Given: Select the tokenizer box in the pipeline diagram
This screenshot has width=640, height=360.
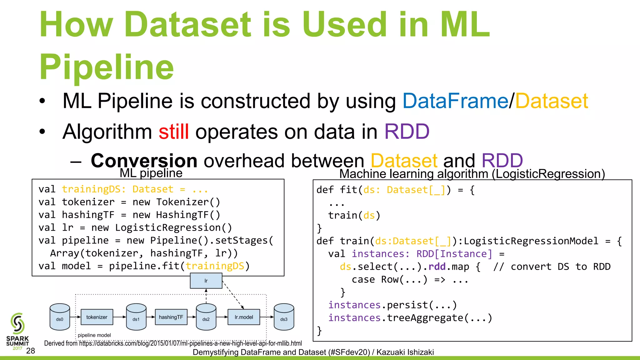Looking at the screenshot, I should (x=97, y=317).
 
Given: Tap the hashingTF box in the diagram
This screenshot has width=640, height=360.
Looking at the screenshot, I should (x=171, y=317).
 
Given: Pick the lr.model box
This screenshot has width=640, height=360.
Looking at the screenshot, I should (x=244, y=317).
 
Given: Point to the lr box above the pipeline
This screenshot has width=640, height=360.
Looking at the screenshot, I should (x=206, y=281).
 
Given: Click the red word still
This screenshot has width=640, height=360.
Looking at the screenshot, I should (x=173, y=132).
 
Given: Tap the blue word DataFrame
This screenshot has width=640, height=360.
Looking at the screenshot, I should (x=455, y=101).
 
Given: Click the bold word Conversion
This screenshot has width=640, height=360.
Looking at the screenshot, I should (x=144, y=161).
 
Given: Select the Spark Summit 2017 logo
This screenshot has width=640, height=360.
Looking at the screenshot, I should (x=17, y=331).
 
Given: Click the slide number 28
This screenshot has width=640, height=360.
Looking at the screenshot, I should (x=30, y=351).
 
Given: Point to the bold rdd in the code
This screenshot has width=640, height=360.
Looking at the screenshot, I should (x=437, y=267).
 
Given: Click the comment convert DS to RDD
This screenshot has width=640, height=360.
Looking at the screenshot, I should (x=552, y=267).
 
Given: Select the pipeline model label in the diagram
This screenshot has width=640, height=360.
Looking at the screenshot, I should (x=94, y=335).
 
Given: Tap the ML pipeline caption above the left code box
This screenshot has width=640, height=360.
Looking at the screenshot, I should (x=151, y=173).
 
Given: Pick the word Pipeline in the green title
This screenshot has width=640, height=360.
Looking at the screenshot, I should (x=107, y=67).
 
